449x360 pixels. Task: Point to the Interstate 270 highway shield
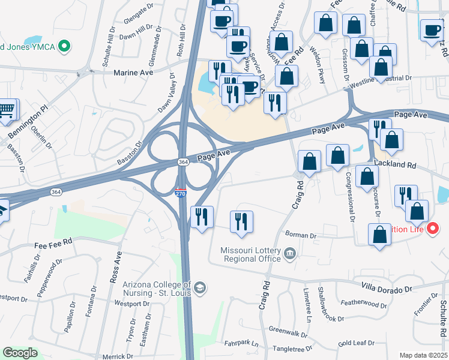tap(181, 194)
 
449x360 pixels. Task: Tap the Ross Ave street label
tap(112, 268)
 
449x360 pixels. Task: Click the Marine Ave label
tap(133, 72)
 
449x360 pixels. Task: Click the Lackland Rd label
tap(394, 164)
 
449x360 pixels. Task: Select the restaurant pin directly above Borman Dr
tap(242, 220)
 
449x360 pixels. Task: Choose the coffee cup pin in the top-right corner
tap(432, 30)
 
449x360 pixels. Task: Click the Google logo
tap(20, 353)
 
